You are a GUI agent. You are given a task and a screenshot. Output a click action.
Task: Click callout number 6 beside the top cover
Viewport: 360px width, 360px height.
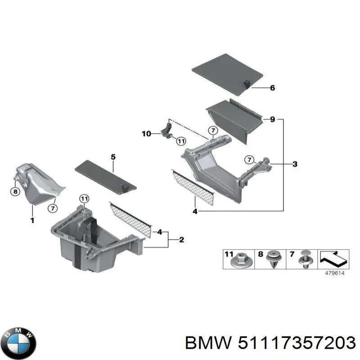pyautogui.click(x=272, y=88)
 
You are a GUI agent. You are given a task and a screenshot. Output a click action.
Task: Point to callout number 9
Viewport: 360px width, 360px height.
pyautogui.click(x=272, y=120)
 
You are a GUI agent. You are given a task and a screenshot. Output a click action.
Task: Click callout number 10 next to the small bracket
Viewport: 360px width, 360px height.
pyautogui.click(x=146, y=134)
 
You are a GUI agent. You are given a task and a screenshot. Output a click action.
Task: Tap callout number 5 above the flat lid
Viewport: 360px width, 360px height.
pyautogui.click(x=113, y=157)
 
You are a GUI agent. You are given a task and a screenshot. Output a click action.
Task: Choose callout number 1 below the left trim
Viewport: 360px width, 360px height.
pyautogui.click(x=32, y=220)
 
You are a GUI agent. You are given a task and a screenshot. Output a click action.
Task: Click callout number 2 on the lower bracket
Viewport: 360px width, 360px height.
pyautogui.click(x=181, y=240)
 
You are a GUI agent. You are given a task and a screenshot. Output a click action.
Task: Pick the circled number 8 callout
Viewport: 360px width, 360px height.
pyautogui.click(x=15, y=191)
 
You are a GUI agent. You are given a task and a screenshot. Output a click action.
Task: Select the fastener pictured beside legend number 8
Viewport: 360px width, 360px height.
pyautogui.click(x=274, y=260)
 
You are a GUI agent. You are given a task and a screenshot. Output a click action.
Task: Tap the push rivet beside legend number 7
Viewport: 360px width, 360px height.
pyautogui.click(x=306, y=260)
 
